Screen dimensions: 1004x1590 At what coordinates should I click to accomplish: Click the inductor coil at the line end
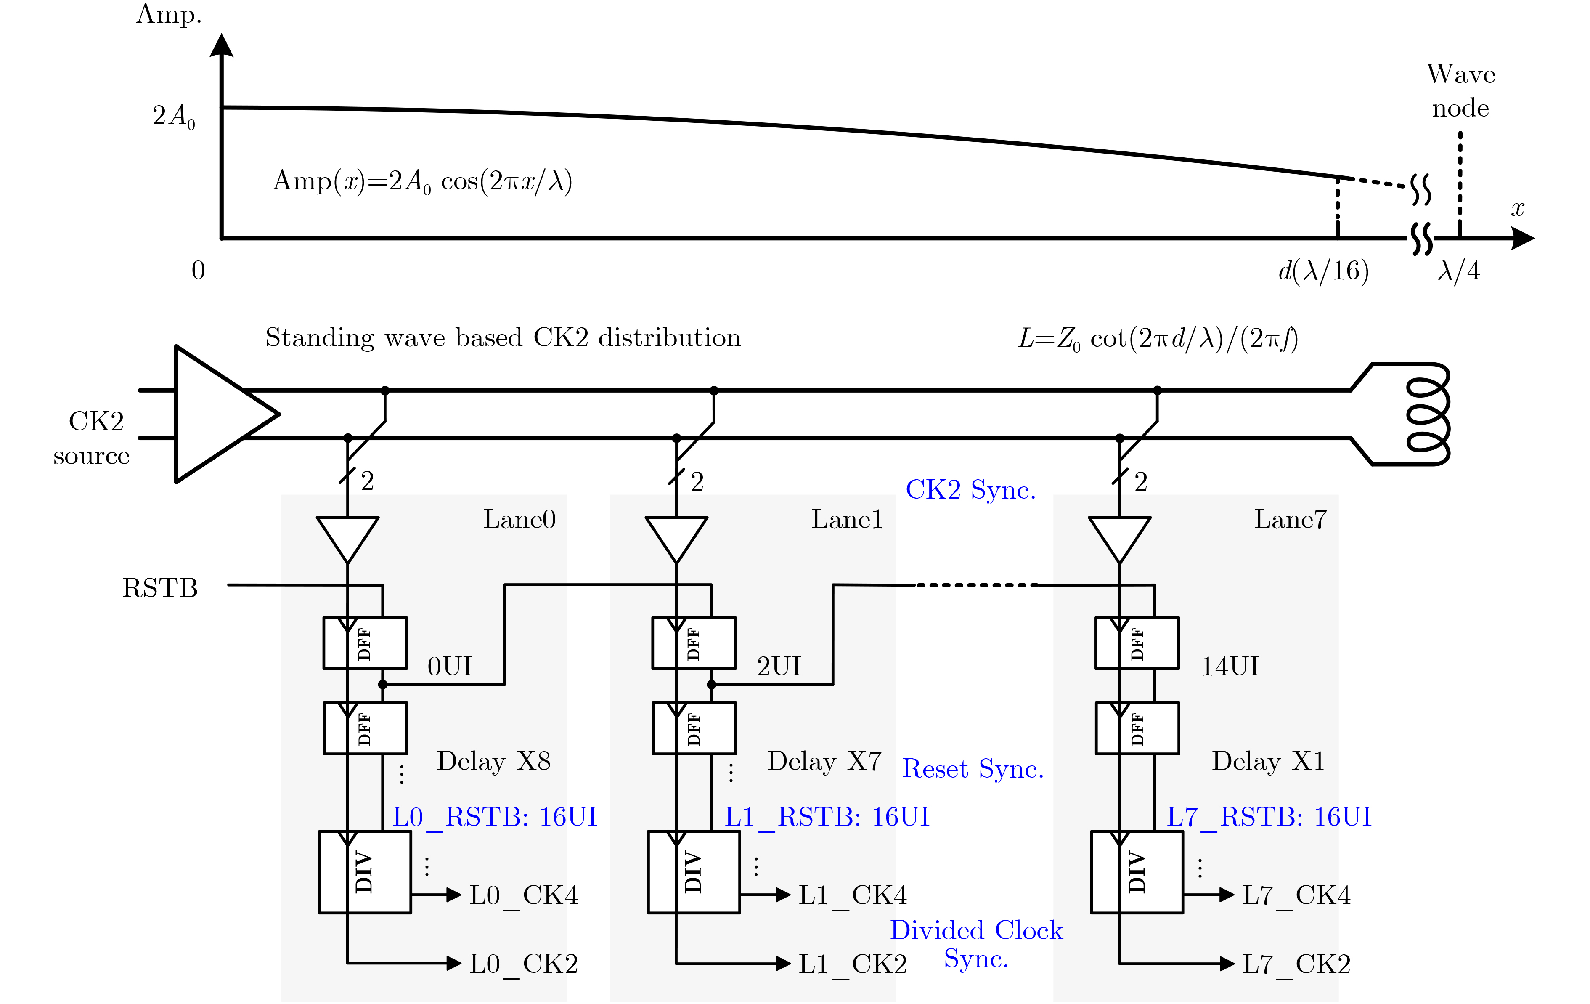1428,414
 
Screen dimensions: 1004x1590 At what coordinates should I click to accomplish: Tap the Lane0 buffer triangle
347,537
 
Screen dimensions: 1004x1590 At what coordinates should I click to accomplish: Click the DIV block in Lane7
1137,872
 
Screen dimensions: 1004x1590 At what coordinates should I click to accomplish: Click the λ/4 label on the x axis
1459,271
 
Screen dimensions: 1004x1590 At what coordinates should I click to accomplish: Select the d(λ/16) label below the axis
1323,271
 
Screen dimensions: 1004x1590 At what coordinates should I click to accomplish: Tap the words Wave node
1460,90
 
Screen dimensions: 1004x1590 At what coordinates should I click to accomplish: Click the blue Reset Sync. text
973,769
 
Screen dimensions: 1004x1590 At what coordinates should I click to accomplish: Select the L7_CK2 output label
1296,964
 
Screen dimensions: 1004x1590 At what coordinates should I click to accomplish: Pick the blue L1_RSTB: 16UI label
827,817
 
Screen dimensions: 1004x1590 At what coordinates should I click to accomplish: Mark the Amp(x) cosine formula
423,181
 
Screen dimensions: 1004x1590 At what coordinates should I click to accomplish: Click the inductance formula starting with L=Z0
1158,339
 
